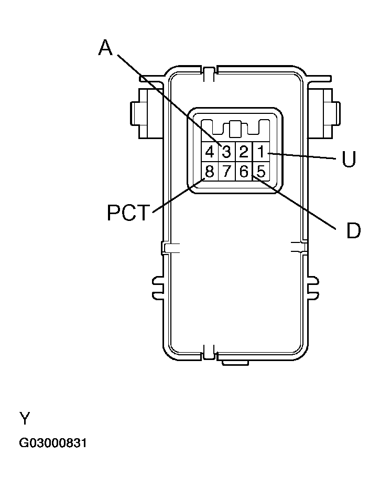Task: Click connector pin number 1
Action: pos(260,152)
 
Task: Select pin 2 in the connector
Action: pos(244,152)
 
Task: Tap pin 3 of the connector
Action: pos(226,152)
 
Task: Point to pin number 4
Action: pos(210,152)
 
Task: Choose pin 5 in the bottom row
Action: pos(260,171)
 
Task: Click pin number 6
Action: pos(244,171)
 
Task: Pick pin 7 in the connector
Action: pos(226,171)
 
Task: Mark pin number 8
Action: pos(210,171)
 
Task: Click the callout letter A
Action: pos(105,48)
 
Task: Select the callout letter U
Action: pos(349,159)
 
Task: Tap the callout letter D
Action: pos(353,230)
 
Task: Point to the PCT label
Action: pos(129,213)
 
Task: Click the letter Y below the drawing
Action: pos(25,418)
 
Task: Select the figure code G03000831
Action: pos(53,443)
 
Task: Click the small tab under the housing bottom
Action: pos(234,362)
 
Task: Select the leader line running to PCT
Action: pos(178,195)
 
